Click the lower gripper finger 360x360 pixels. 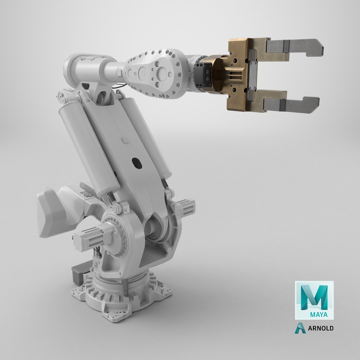(x=293, y=104)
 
